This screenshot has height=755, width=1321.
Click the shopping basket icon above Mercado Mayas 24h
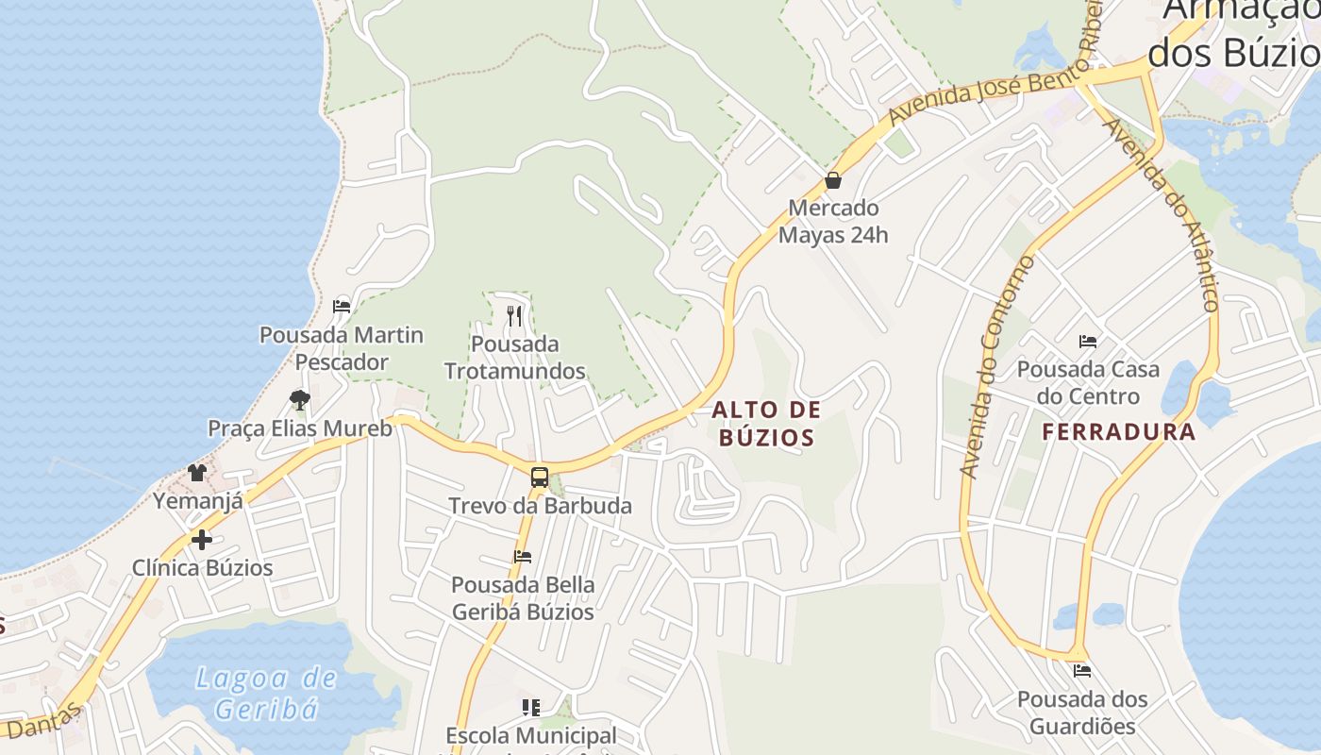pyautogui.click(x=833, y=179)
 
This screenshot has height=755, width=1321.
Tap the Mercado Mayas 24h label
pyautogui.click(x=833, y=221)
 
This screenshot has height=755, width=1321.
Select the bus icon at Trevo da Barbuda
pyautogui.click(x=539, y=478)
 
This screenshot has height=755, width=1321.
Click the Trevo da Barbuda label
pyautogui.click(x=540, y=506)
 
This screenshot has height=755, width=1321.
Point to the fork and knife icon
pyautogui.click(x=514, y=316)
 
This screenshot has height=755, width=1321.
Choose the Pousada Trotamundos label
pyautogui.click(x=515, y=358)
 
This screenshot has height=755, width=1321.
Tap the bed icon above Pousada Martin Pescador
pyautogui.click(x=342, y=307)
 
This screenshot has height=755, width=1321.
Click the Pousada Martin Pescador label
pyautogui.click(x=342, y=348)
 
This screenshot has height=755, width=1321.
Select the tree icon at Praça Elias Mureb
pyautogui.click(x=300, y=400)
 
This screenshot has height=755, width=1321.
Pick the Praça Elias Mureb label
pyautogui.click(x=300, y=428)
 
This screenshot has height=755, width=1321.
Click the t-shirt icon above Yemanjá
pyautogui.click(x=197, y=473)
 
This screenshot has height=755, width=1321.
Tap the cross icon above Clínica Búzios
pyautogui.click(x=201, y=540)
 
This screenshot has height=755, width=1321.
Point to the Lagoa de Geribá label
pyautogui.click(x=266, y=693)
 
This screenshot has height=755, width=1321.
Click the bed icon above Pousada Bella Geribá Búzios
pyautogui.click(x=523, y=557)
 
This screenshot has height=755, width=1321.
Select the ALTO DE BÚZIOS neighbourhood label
pyautogui.click(x=766, y=424)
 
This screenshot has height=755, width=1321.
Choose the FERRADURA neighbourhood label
pyautogui.click(x=1119, y=432)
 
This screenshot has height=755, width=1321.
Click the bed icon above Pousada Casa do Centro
pyautogui.click(x=1088, y=341)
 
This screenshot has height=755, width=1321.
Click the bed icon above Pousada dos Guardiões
pyautogui.click(x=1082, y=671)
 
